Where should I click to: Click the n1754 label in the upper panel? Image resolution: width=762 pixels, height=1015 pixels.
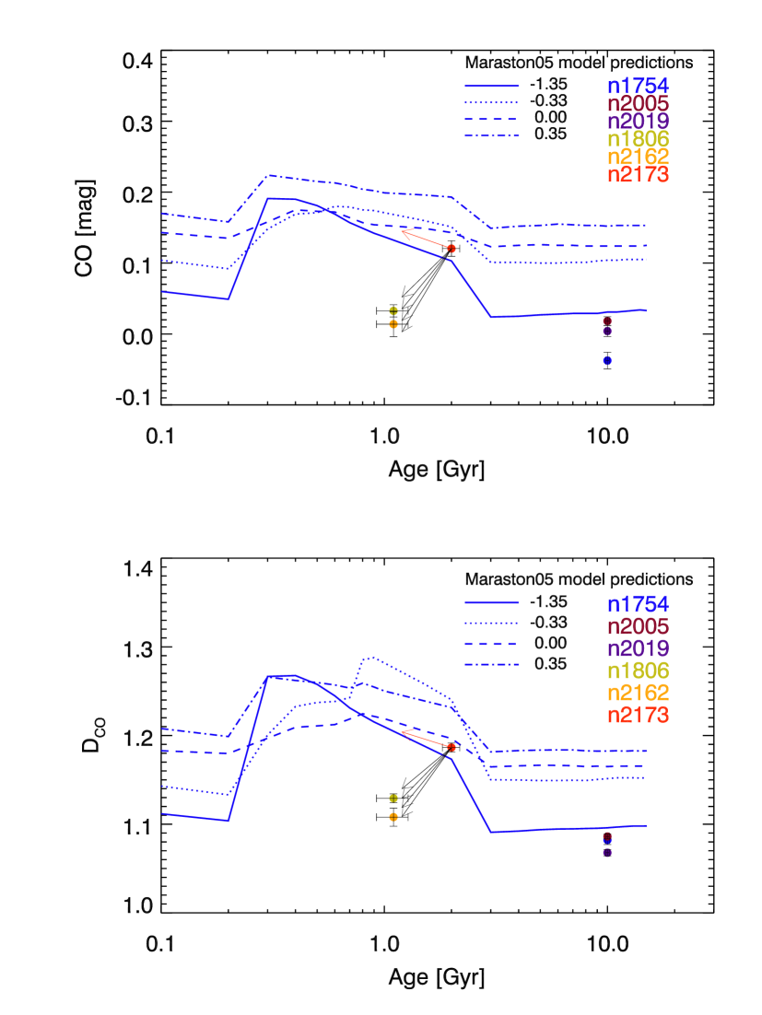click(x=637, y=86)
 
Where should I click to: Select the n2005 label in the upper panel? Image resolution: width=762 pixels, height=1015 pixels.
click(x=637, y=103)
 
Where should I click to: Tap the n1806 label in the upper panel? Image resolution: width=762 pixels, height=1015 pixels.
click(x=637, y=139)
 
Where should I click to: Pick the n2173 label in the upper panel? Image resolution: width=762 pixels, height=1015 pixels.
click(x=637, y=175)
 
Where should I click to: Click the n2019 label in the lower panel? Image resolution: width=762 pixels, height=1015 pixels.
click(x=637, y=648)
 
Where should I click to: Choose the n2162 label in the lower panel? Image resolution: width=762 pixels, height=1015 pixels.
click(x=637, y=693)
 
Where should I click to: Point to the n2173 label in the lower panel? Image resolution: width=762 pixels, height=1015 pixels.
click(x=637, y=715)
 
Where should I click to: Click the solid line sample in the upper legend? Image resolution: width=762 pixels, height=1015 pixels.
click(x=491, y=86)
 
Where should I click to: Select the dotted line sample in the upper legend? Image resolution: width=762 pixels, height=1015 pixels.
click(x=491, y=102)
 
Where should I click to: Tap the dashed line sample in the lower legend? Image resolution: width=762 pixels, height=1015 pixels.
click(x=491, y=643)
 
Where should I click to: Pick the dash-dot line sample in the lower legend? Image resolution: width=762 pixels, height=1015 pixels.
click(x=491, y=664)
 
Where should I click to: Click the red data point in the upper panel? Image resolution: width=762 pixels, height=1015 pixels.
click(x=451, y=249)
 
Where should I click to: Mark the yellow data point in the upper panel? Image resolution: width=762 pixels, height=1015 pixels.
click(x=393, y=310)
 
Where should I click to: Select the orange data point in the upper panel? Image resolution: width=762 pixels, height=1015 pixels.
click(x=393, y=324)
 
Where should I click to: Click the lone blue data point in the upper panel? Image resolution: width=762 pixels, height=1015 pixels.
click(x=607, y=360)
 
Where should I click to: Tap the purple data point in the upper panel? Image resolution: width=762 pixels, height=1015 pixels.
click(x=607, y=332)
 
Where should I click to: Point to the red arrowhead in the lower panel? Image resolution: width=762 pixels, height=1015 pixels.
click(x=403, y=732)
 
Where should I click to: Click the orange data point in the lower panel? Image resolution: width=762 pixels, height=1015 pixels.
click(x=393, y=817)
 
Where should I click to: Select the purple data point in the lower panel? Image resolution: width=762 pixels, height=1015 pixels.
click(x=607, y=853)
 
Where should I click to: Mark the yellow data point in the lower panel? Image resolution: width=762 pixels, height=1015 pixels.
click(x=393, y=799)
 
